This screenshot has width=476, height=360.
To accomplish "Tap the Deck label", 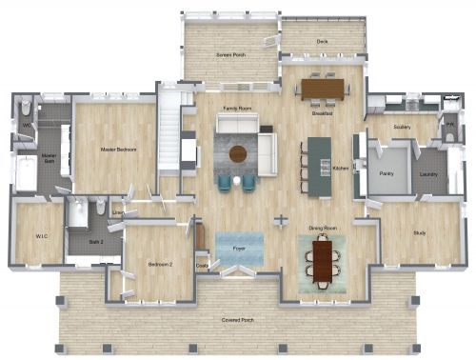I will click(323, 42).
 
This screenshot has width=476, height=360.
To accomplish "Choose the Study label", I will click(419, 233).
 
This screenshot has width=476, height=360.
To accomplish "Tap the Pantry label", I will click(387, 174).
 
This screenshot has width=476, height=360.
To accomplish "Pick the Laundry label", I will click(428, 174).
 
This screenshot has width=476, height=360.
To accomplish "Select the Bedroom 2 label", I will click(159, 264).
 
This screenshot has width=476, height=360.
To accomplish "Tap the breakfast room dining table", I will click(324, 89).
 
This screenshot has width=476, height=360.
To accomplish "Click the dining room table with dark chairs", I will click(325, 260).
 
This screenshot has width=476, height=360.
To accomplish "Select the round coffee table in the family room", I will click(237, 152).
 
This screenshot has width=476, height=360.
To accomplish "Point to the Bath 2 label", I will click(96, 242).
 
